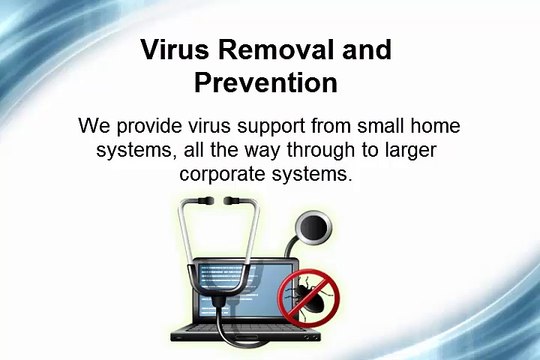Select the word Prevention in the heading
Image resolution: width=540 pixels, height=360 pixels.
tap(269, 83)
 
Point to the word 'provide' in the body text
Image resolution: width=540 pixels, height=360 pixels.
tap(146, 129)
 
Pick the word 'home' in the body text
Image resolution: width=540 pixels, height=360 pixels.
tap(440, 129)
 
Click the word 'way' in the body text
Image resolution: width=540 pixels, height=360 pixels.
tap(264, 151)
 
